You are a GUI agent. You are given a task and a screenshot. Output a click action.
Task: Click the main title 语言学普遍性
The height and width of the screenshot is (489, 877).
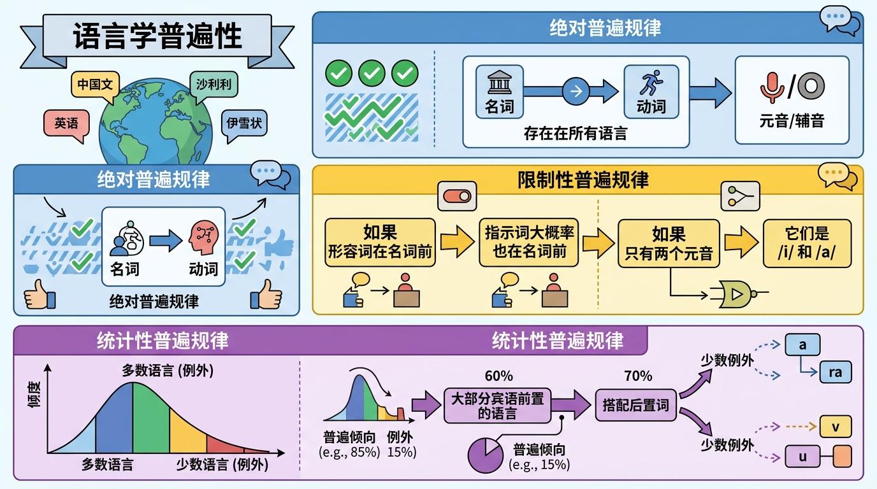click(x=157, y=38)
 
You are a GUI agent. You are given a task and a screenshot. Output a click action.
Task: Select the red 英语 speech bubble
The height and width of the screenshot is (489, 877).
click(x=66, y=123)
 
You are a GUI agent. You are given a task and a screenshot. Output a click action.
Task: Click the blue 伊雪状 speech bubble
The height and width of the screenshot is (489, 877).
click(x=244, y=122)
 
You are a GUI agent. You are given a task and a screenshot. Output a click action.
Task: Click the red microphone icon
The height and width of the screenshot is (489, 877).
click(x=772, y=87)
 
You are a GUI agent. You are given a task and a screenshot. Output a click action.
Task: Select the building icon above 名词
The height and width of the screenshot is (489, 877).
click(x=499, y=83)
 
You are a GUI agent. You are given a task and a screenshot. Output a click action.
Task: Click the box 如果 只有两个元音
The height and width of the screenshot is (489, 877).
click(x=668, y=243)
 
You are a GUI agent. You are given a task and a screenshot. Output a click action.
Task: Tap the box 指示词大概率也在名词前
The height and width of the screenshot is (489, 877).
click(x=529, y=243)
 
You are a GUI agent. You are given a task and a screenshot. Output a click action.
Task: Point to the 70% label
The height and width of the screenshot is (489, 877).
click(x=638, y=376)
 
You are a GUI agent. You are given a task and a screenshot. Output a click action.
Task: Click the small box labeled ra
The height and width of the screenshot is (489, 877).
click(x=835, y=372)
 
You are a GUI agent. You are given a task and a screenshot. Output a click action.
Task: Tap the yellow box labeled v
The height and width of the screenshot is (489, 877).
click(x=835, y=426)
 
